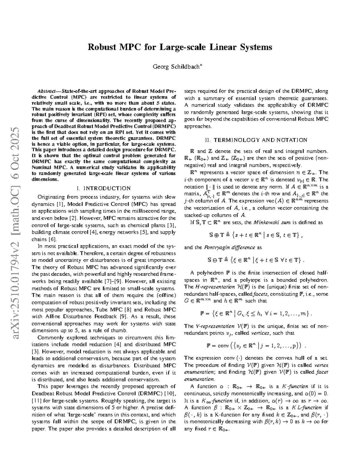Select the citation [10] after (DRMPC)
[x=170, y=393]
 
